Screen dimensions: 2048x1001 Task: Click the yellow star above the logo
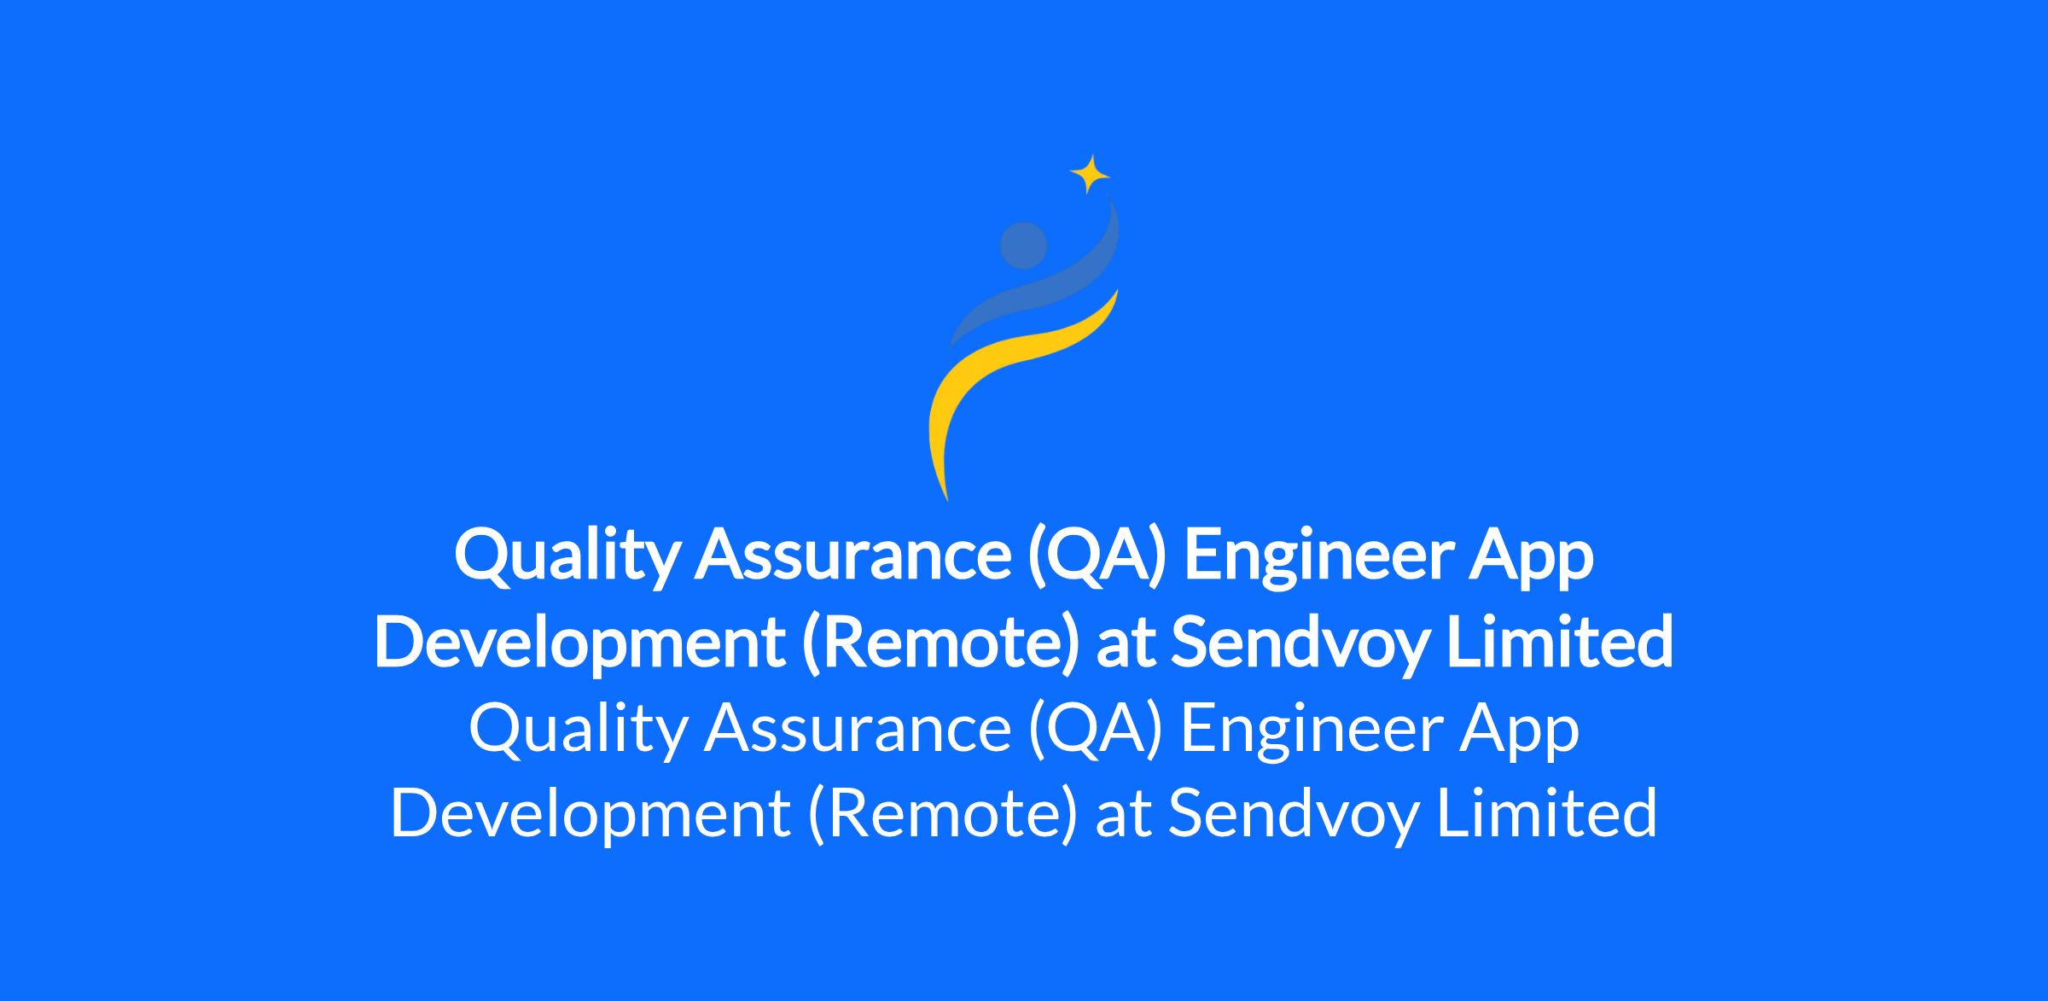[1090, 174]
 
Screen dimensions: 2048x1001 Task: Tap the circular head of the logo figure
[1023, 245]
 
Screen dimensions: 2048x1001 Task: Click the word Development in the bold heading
[579, 644]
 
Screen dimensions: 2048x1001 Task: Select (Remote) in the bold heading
[940, 644]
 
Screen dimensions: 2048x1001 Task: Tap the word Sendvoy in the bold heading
[1297, 644]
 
